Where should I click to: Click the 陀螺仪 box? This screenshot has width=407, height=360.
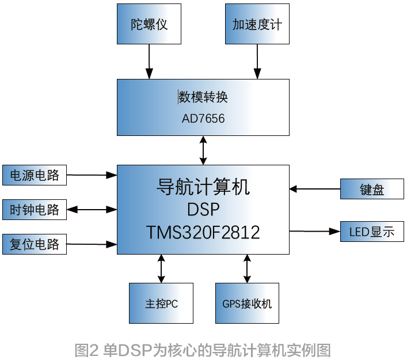(x=149, y=24)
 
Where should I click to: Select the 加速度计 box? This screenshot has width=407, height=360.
(x=257, y=24)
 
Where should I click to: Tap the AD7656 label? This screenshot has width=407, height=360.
(x=203, y=119)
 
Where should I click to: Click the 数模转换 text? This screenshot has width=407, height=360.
(x=203, y=97)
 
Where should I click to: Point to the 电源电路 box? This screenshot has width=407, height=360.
(x=35, y=175)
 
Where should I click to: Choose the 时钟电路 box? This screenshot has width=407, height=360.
(x=35, y=210)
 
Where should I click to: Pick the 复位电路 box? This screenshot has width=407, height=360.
(x=35, y=244)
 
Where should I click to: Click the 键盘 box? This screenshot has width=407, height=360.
(x=372, y=189)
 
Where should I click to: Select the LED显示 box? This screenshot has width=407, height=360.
(x=372, y=232)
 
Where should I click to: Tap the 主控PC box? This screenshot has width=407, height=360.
(x=161, y=303)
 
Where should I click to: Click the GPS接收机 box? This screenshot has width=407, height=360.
(x=247, y=303)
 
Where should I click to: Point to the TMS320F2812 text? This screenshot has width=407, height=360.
(x=203, y=232)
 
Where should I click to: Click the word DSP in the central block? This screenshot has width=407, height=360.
(x=203, y=209)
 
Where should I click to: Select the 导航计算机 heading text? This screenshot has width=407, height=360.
(x=203, y=186)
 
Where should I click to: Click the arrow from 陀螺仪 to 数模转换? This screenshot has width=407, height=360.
(x=149, y=61)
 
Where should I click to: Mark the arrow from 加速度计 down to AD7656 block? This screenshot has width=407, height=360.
(x=257, y=61)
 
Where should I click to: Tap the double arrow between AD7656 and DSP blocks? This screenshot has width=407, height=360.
(x=203, y=150)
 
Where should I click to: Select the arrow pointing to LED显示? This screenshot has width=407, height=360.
(x=314, y=231)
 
